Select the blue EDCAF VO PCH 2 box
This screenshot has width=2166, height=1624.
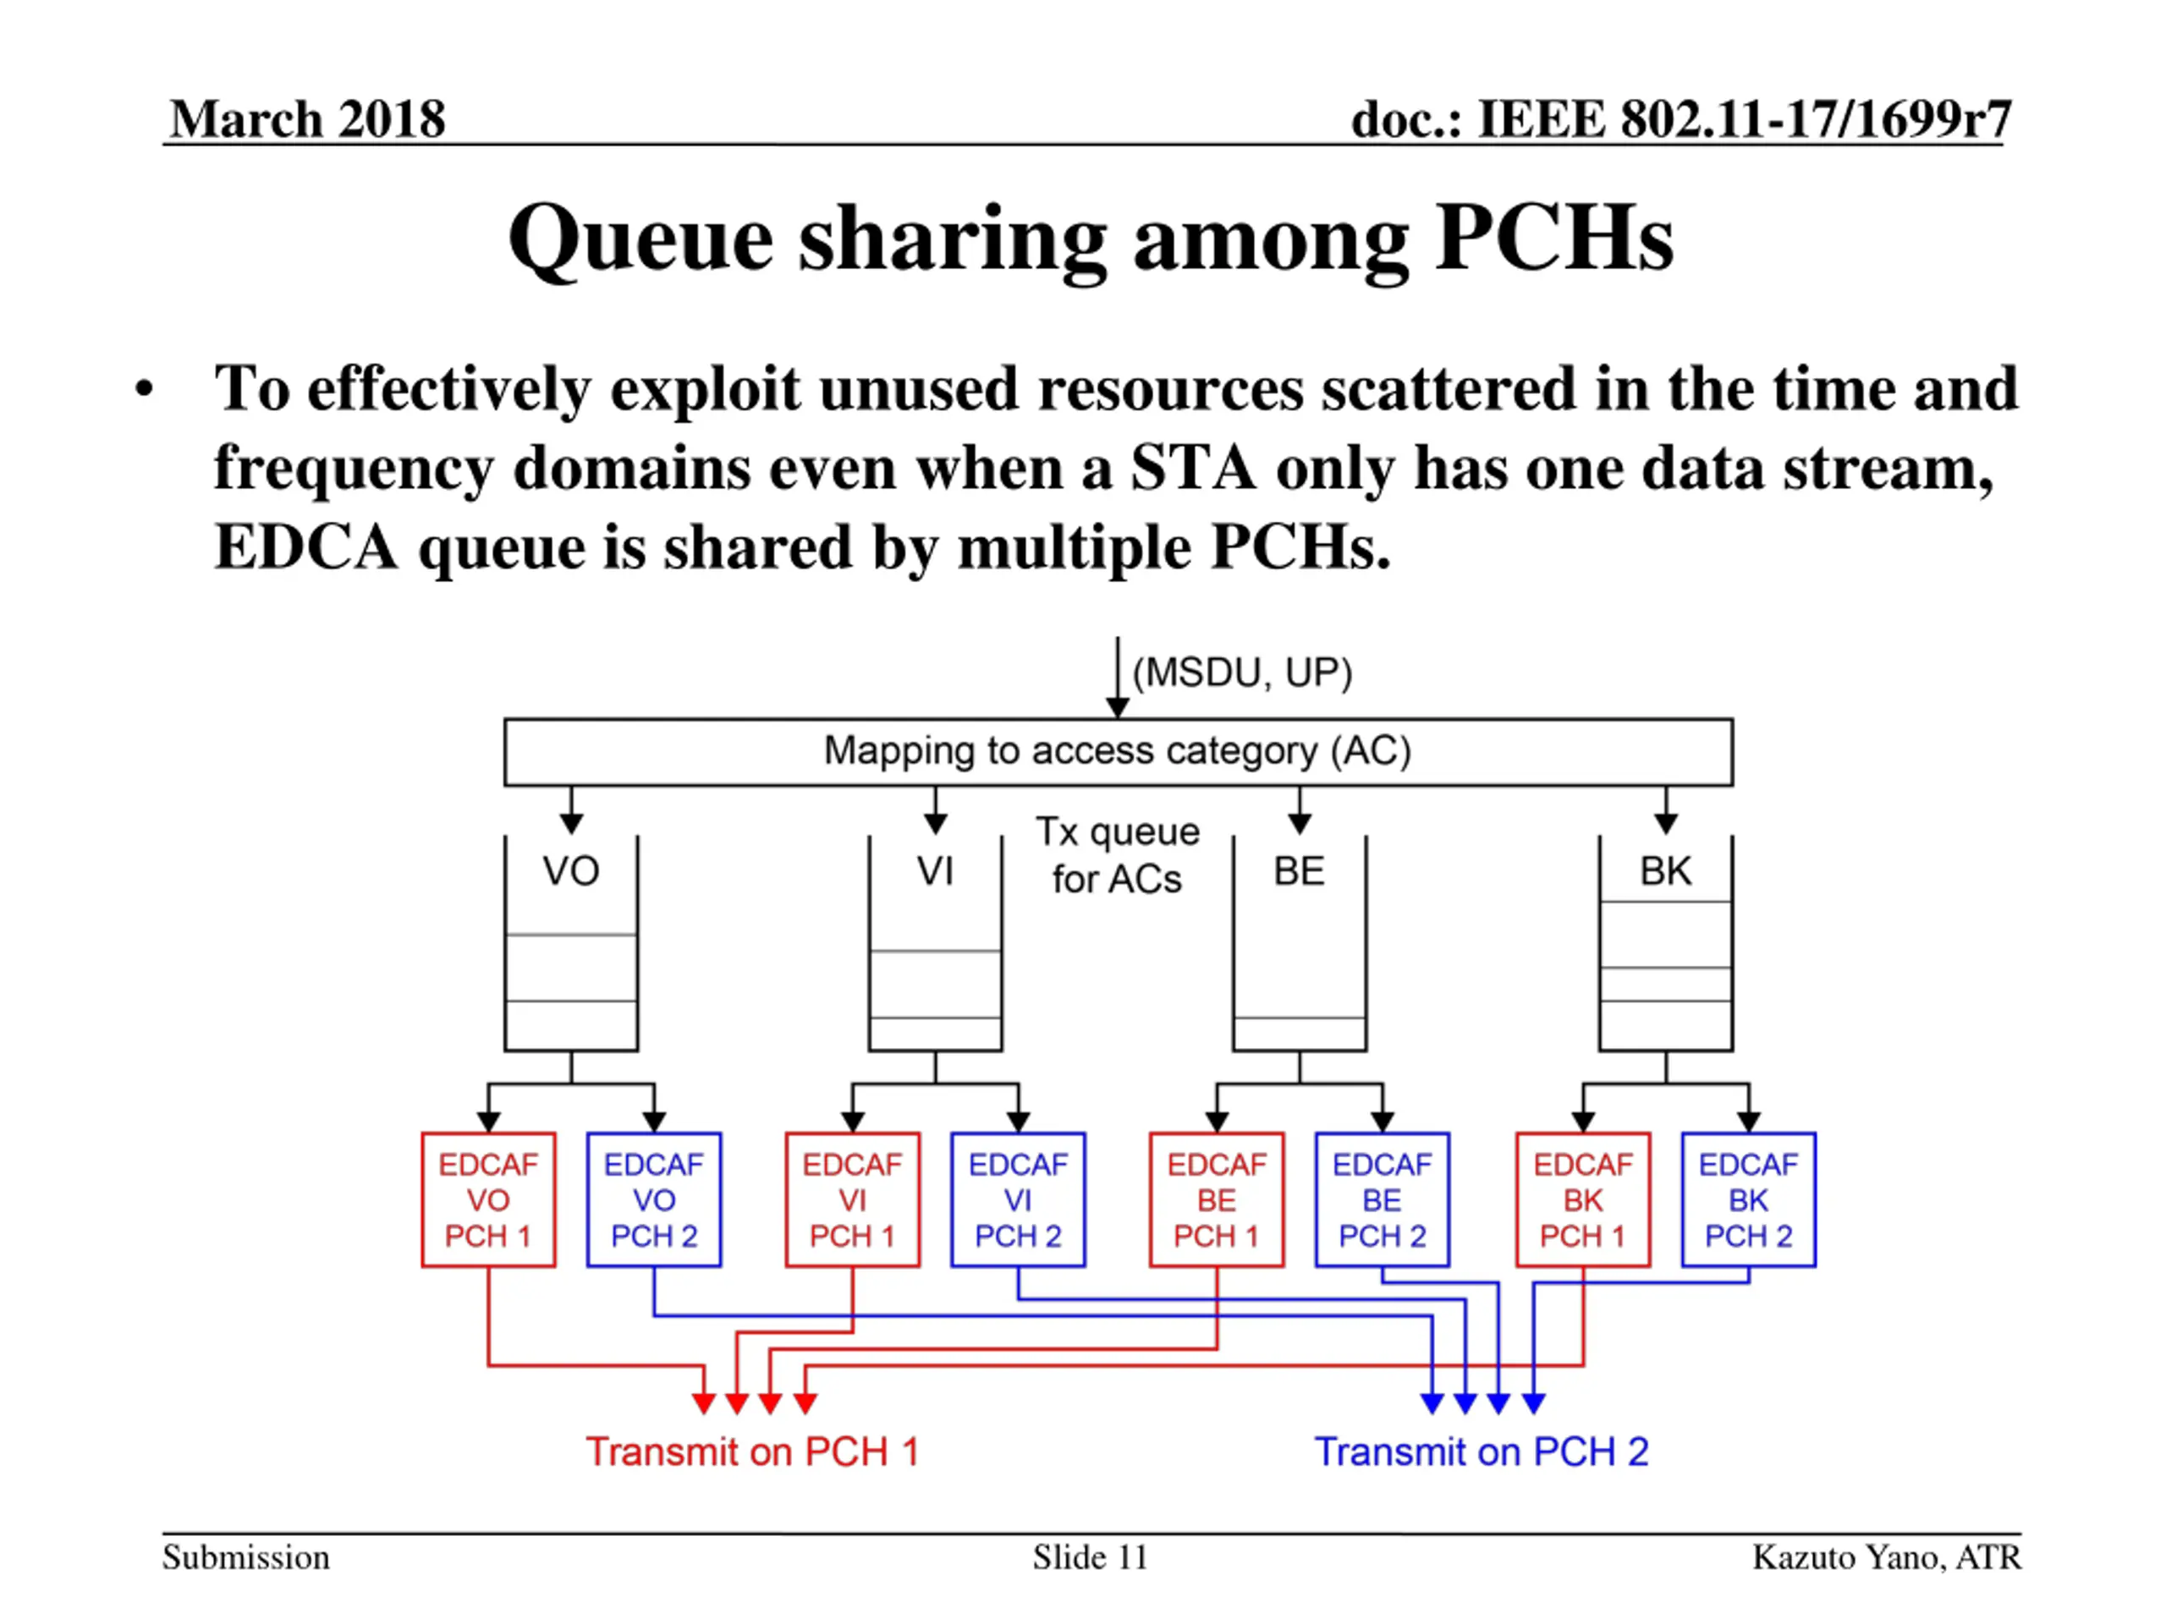(x=653, y=1199)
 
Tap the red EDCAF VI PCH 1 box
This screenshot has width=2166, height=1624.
(x=852, y=1199)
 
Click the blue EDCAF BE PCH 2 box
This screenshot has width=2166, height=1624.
(x=1382, y=1199)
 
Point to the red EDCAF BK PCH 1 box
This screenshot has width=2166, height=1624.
(x=1582, y=1199)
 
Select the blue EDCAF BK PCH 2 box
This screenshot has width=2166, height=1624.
(x=1748, y=1199)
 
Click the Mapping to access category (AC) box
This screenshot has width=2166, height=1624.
(x=1118, y=752)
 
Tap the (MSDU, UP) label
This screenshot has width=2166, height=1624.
(x=1241, y=672)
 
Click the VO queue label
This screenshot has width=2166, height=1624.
(x=571, y=870)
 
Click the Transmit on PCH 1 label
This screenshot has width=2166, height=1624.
(x=752, y=1451)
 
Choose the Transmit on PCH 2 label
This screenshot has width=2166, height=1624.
(x=1481, y=1451)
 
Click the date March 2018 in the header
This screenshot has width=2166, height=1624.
(x=307, y=119)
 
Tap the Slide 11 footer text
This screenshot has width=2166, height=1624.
(x=1089, y=1557)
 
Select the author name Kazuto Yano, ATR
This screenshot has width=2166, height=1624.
(x=1886, y=1557)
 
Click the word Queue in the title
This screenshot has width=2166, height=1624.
(x=640, y=240)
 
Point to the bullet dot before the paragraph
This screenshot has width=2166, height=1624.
(x=145, y=390)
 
